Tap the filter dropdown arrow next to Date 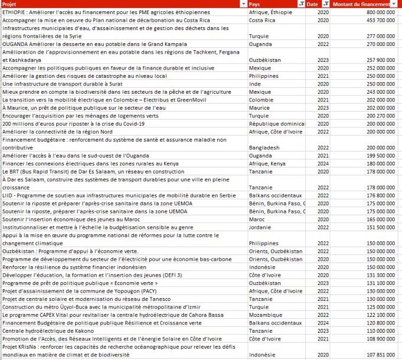point(322,4)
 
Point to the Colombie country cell point(260,100)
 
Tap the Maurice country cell point(259,107)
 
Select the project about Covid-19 point(59,123)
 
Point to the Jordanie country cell point(260,227)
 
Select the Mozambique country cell point(265,315)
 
